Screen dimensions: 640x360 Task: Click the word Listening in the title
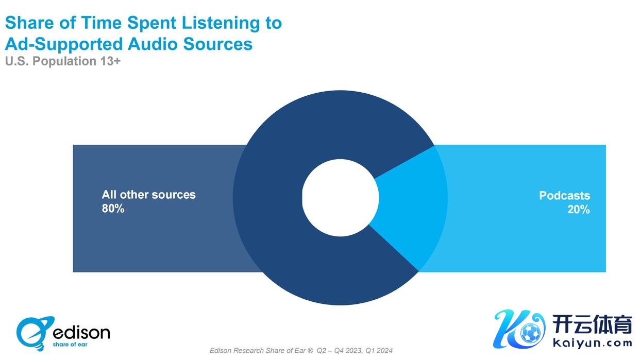221,23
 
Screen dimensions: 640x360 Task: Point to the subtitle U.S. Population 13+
63,61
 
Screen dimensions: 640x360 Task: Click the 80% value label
113,209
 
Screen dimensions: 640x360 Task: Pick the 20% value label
579,209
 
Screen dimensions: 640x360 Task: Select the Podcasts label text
565,196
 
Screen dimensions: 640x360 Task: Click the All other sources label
148,195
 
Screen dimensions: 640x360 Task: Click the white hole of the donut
340,198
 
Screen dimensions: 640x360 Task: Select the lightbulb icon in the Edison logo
35,333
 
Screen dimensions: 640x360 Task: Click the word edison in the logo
81,333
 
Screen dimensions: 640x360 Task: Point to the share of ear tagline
70,345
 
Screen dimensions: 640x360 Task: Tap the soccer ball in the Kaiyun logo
531,333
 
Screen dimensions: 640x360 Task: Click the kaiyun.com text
592,344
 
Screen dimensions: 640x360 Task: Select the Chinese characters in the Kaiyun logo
592,324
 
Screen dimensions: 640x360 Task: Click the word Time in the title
102,23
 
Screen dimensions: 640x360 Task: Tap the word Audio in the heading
153,44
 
